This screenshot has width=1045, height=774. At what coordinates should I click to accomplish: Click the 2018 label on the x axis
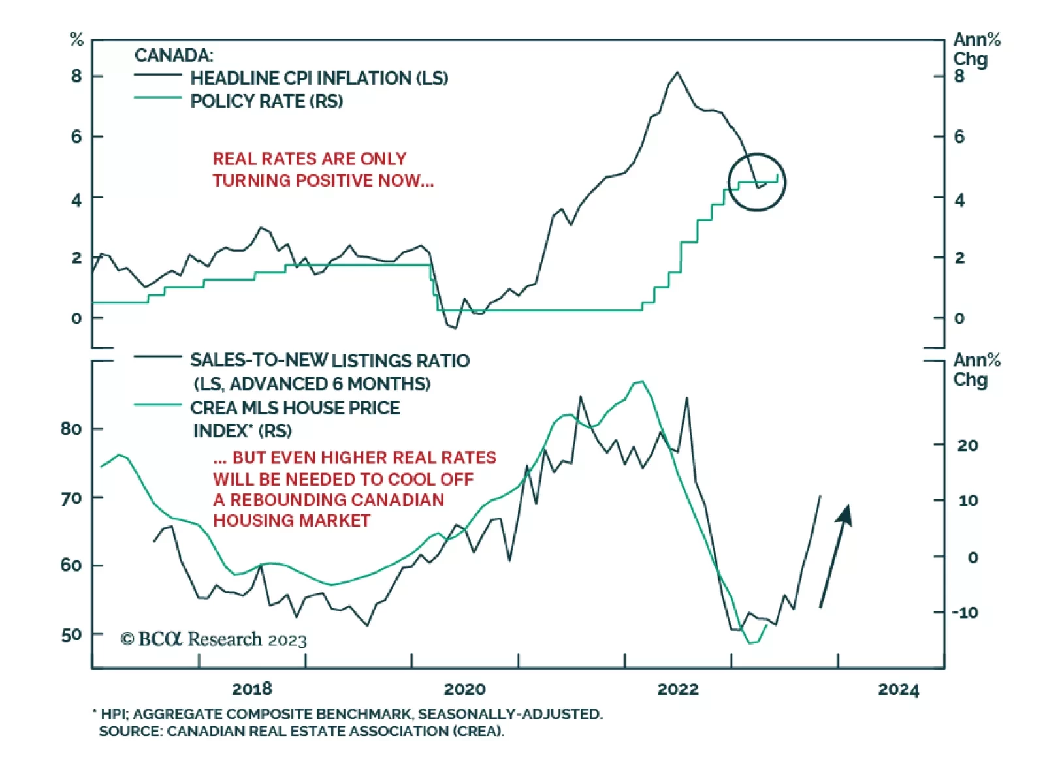coord(251,689)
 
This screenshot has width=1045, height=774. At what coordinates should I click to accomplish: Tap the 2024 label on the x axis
coord(898,689)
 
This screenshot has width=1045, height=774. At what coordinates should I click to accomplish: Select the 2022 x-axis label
coord(677,689)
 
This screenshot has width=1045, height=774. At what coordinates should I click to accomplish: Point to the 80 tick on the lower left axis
coord(71,429)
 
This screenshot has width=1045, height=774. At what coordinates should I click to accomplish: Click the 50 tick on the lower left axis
coord(71,634)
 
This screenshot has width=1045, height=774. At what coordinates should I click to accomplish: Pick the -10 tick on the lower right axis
coord(965,612)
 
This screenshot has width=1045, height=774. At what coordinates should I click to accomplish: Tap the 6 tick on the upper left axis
coord(77,136)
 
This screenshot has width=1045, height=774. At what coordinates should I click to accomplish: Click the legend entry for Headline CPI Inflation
coord(319,78)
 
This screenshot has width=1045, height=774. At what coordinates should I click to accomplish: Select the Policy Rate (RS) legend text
coord(266,101)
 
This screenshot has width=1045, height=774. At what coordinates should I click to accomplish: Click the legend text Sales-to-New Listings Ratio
coord(330,361)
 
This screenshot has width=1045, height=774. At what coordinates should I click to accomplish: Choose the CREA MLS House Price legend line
coord(157,405)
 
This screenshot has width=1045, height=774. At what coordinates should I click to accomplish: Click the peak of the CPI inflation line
coord(677,72)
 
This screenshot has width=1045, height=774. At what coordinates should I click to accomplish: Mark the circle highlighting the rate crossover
coord(757,182)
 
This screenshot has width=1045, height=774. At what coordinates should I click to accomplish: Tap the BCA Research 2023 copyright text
coord(214,639)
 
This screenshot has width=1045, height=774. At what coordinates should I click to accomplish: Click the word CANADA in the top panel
coord(174,55)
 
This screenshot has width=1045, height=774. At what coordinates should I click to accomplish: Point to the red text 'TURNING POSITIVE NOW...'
coord(323,180)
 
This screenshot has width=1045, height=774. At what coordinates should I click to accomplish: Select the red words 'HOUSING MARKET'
coord(291,520)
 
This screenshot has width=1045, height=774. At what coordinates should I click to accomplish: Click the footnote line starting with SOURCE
coord(301,731)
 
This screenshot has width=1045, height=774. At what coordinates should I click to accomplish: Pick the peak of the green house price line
coord(641,382)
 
